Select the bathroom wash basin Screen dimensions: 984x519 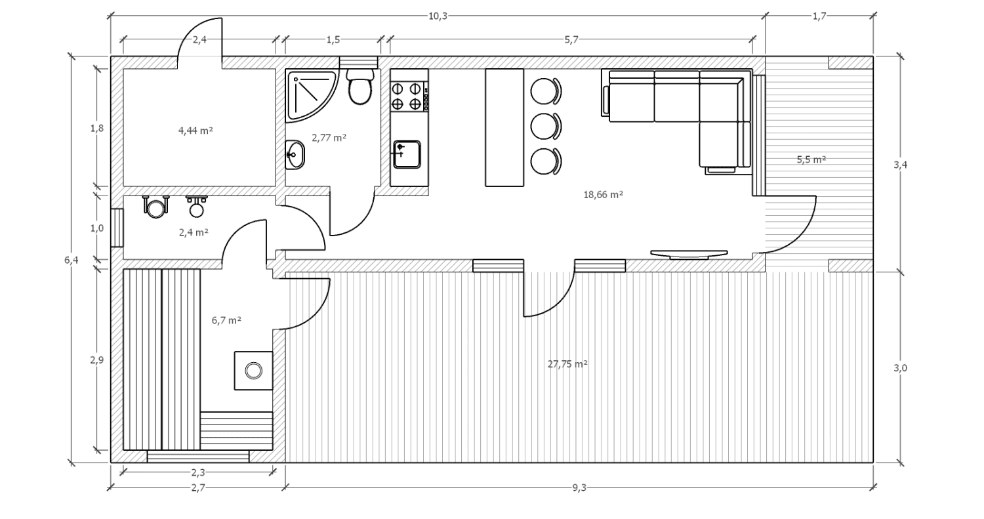tap(295, 155)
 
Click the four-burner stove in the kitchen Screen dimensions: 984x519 tap(409, 96)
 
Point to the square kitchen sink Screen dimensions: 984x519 tap(407, 154)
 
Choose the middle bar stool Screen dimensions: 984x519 tap(546, 126)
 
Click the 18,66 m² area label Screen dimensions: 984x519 tap(603, 195)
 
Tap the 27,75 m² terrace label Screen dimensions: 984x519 tap(567, 364)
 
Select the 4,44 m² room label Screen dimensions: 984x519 tap(195, 131)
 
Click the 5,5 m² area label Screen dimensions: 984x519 tap(811, 159)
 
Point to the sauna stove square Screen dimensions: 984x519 tap(253, 371)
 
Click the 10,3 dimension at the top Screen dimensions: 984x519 tap(438, 16)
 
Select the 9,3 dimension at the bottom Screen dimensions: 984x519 tap(579, 488)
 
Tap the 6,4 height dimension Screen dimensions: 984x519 tap(71, 260)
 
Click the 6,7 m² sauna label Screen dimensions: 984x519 tap(226, 320)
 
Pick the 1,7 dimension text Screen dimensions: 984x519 tap(819, 16)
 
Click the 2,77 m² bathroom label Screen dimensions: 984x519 tap(329, 138)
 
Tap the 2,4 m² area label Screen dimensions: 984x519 tap(194, 232)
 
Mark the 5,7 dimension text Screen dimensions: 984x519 tap(571, 40)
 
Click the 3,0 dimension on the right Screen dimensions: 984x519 tap(900, 368)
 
